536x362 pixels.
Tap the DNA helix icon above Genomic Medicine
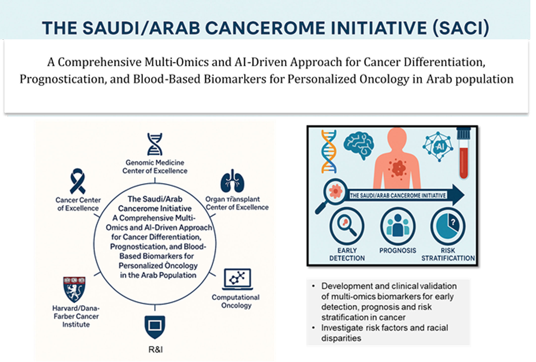(x=155, y=144)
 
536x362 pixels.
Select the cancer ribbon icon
(x=77, y=181)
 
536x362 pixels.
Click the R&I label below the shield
(x=155, y=350)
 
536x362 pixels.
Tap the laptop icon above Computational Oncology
(x=237, y=279)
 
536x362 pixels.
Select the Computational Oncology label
(x=236, y=301)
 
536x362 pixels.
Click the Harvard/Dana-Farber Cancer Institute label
(x=76, y=316)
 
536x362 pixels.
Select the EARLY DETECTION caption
(x=347, y=254)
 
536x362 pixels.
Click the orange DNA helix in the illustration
(x=329, y=151)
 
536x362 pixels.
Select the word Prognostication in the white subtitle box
(x=61, y=79)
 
